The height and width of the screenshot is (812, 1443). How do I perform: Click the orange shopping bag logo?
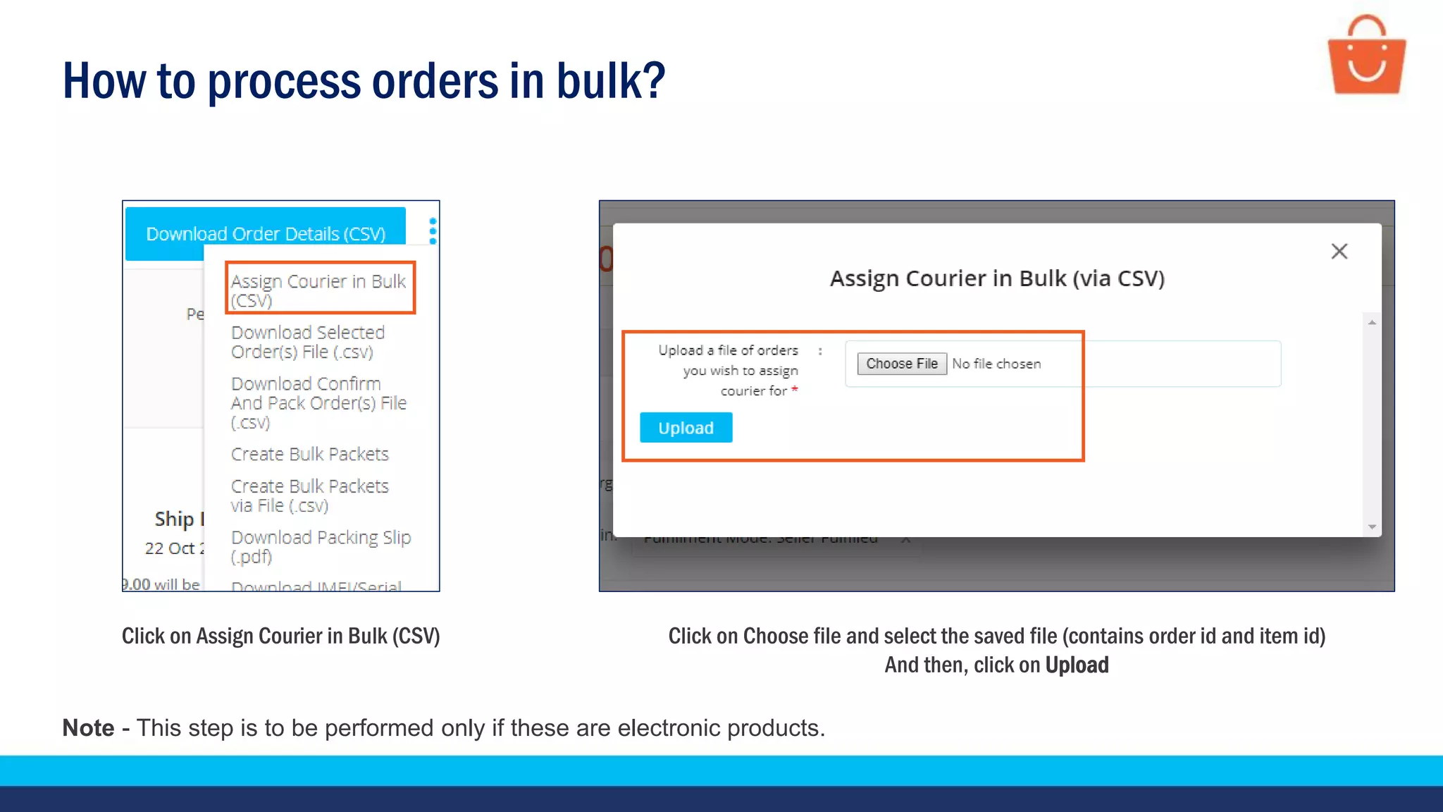pos(1366,56)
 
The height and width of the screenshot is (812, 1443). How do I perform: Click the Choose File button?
pos(901,364)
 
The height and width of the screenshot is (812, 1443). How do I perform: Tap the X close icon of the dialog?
pos(1339,252)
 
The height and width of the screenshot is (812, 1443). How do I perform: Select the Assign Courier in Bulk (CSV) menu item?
pos(318,290)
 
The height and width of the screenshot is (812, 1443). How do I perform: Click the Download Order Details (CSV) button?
pos(265,233)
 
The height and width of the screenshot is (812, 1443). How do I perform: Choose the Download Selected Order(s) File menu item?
pos(308,342)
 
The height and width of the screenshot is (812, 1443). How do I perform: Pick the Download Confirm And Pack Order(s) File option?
pos(318,402)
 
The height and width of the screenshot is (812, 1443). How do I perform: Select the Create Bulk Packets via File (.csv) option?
pos(309,496)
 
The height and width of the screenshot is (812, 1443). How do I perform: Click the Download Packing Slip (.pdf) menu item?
pos(321,546)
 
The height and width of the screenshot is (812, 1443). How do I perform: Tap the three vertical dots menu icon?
pos(433,231)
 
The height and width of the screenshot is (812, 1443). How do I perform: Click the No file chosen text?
pos(996,364)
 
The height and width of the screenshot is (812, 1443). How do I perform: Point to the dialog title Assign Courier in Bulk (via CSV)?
pos(996,278)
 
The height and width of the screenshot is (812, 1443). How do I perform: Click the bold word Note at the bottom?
pos(88,727)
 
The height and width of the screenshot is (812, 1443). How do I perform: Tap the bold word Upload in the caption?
pos(1077,665)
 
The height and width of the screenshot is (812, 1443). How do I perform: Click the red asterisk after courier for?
pos(795,389)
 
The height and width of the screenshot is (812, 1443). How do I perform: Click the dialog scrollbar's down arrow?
pos(1372,527)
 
